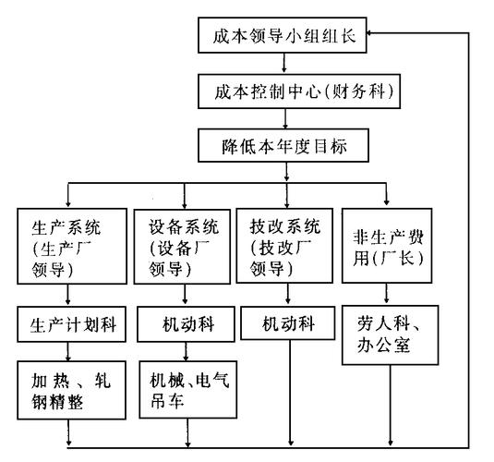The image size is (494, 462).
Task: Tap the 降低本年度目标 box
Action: tap(284, 145)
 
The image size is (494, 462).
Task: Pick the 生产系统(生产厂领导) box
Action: tap(70, 247)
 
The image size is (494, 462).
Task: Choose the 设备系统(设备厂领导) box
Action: tap(186, 247)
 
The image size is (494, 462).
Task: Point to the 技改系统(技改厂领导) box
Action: tap(288, 247)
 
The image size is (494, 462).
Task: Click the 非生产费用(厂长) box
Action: tap(387, 247)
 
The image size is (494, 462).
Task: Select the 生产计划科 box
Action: tap(70, 325)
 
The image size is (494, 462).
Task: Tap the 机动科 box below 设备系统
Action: tap(186, 325)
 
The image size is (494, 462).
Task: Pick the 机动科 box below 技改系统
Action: tap(288, 325)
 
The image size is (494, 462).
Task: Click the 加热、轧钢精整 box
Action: tap(70, 389)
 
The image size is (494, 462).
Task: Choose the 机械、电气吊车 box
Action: tap(186, 389)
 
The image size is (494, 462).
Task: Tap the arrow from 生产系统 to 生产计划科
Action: tap(70, 298)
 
